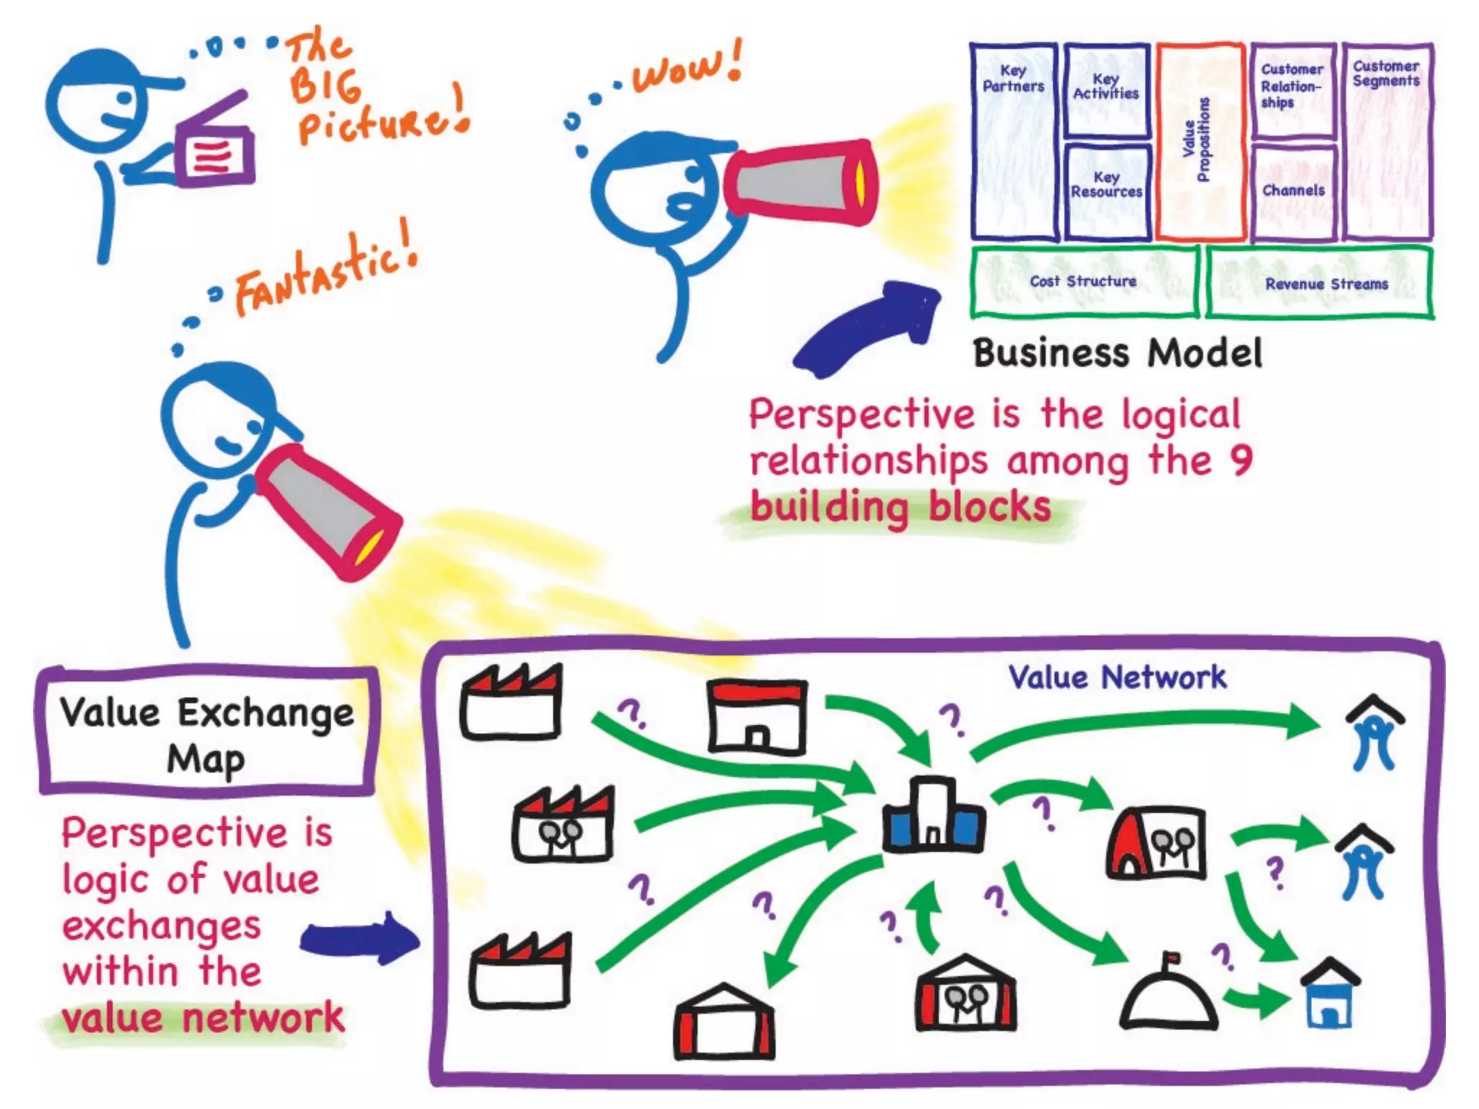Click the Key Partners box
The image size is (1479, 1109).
1013,141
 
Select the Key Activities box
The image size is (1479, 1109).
1106,90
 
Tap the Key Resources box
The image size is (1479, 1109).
1106,191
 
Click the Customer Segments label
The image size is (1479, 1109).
1386,74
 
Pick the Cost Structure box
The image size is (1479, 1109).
1083,282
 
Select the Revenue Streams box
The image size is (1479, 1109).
1320,284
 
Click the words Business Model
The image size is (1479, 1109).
1116,354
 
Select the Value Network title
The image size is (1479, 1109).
1116,678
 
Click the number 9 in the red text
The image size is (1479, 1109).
1241,461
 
